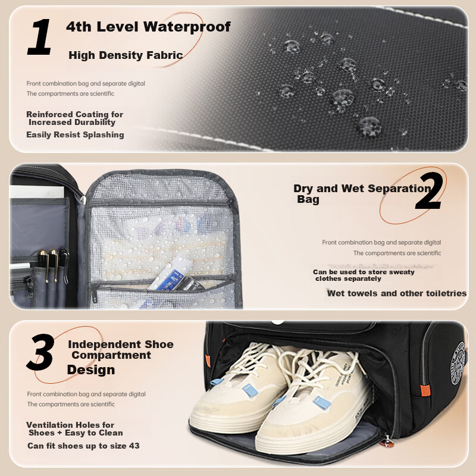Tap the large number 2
point(429,190)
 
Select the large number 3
point(41,352)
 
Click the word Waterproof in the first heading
point(187,27)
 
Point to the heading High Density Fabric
point(126,55)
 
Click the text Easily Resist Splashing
point(75,134)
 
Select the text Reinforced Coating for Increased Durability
point(75,118)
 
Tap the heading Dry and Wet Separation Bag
point(362,193)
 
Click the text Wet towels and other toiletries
point(397,293)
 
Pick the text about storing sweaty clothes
point(364,275)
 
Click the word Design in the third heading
point(91,369)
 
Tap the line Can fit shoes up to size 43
point(83,446)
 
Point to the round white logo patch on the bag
point(458,363)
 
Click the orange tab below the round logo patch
point(425,390)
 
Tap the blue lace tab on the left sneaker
point(250,390)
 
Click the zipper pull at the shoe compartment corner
point(387,441)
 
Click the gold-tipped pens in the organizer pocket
point(54,265)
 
